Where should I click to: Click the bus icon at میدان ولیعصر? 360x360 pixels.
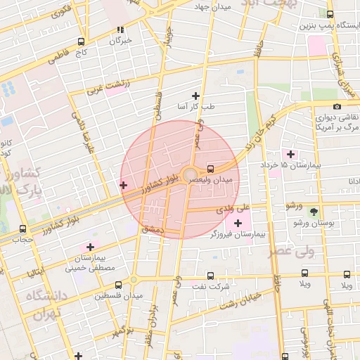211,169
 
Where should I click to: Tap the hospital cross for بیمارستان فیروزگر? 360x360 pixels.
237,224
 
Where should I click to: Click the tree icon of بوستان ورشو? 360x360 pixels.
314,212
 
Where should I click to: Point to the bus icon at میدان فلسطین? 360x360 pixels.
118,285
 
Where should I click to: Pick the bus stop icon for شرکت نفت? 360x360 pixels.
211,276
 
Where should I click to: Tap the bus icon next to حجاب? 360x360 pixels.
23,229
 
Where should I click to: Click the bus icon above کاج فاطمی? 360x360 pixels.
82,41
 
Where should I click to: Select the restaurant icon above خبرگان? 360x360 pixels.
120,30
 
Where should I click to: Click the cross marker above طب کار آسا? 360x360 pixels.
195,96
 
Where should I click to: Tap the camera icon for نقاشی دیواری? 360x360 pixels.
337,107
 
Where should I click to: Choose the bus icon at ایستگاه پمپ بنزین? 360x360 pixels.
331,14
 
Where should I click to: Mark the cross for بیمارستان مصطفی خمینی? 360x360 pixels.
90,247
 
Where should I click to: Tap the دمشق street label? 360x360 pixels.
153,229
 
